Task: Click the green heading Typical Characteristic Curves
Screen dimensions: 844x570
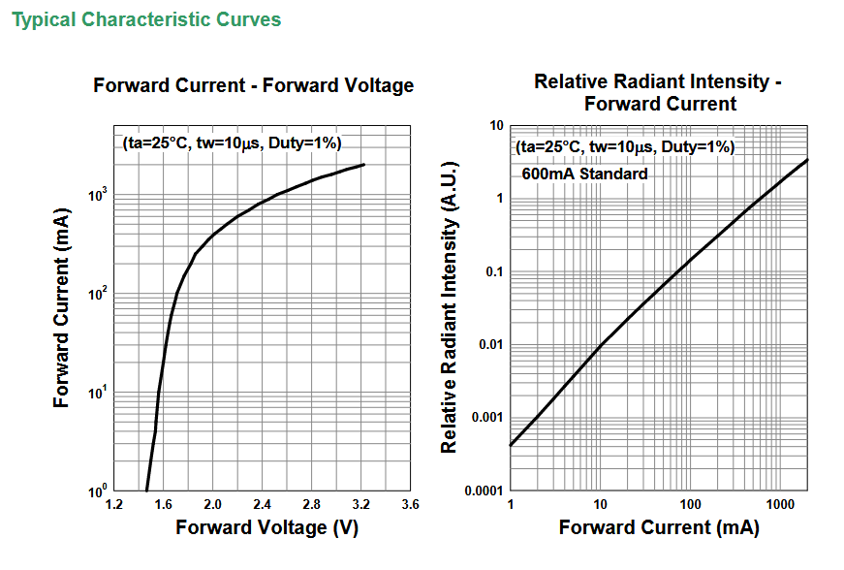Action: pyautogui.click(x=146, y=20)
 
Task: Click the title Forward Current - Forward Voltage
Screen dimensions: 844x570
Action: pyautogui.click(x=254, y=85)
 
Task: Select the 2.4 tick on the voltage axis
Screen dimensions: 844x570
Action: pyautogui.click(x=262, y=504)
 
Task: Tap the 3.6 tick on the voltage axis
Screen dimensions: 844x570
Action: pyautogui.click(x=410, y=504)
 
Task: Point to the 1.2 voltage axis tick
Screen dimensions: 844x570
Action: pyautogui.click(x=113, y=504)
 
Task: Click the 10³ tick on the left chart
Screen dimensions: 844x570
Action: pyautogui.click(x=98, y=195)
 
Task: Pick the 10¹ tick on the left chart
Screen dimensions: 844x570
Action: pyautogui.click(x=98, y=393)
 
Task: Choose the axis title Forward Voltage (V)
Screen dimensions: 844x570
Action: pyautogui.click(x=267, y=527)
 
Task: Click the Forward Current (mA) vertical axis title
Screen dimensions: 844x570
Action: pyautogui.click(x=61, y=308)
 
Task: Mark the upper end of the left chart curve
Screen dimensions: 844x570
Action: pyautogui.click(x=364, y=165)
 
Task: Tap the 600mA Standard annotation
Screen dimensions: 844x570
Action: pyautogui.click(x=584, y=174)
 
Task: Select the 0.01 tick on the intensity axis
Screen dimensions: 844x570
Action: pyautogui.click(x=491, y=344)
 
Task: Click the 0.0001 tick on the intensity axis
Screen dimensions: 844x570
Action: pyautogui.click(x=484, y=491)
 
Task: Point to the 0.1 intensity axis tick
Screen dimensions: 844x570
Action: pyautogui.click(x=494, y=271)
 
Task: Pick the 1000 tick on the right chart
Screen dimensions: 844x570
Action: pyautogui.click(x=780, y=504)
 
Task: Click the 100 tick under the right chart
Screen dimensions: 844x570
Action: pyautogui.click(x=690, y=504)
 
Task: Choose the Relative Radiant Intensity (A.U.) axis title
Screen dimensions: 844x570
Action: pyautogui.click(x=449, y=306)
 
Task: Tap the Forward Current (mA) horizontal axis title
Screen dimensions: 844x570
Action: pyautogui.click(x=659, y=527)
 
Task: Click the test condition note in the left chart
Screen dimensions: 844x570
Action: pyautogui.click(x=232, y=143)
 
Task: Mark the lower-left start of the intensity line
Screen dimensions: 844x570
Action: pyautogui.click(x=511, y=445)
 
